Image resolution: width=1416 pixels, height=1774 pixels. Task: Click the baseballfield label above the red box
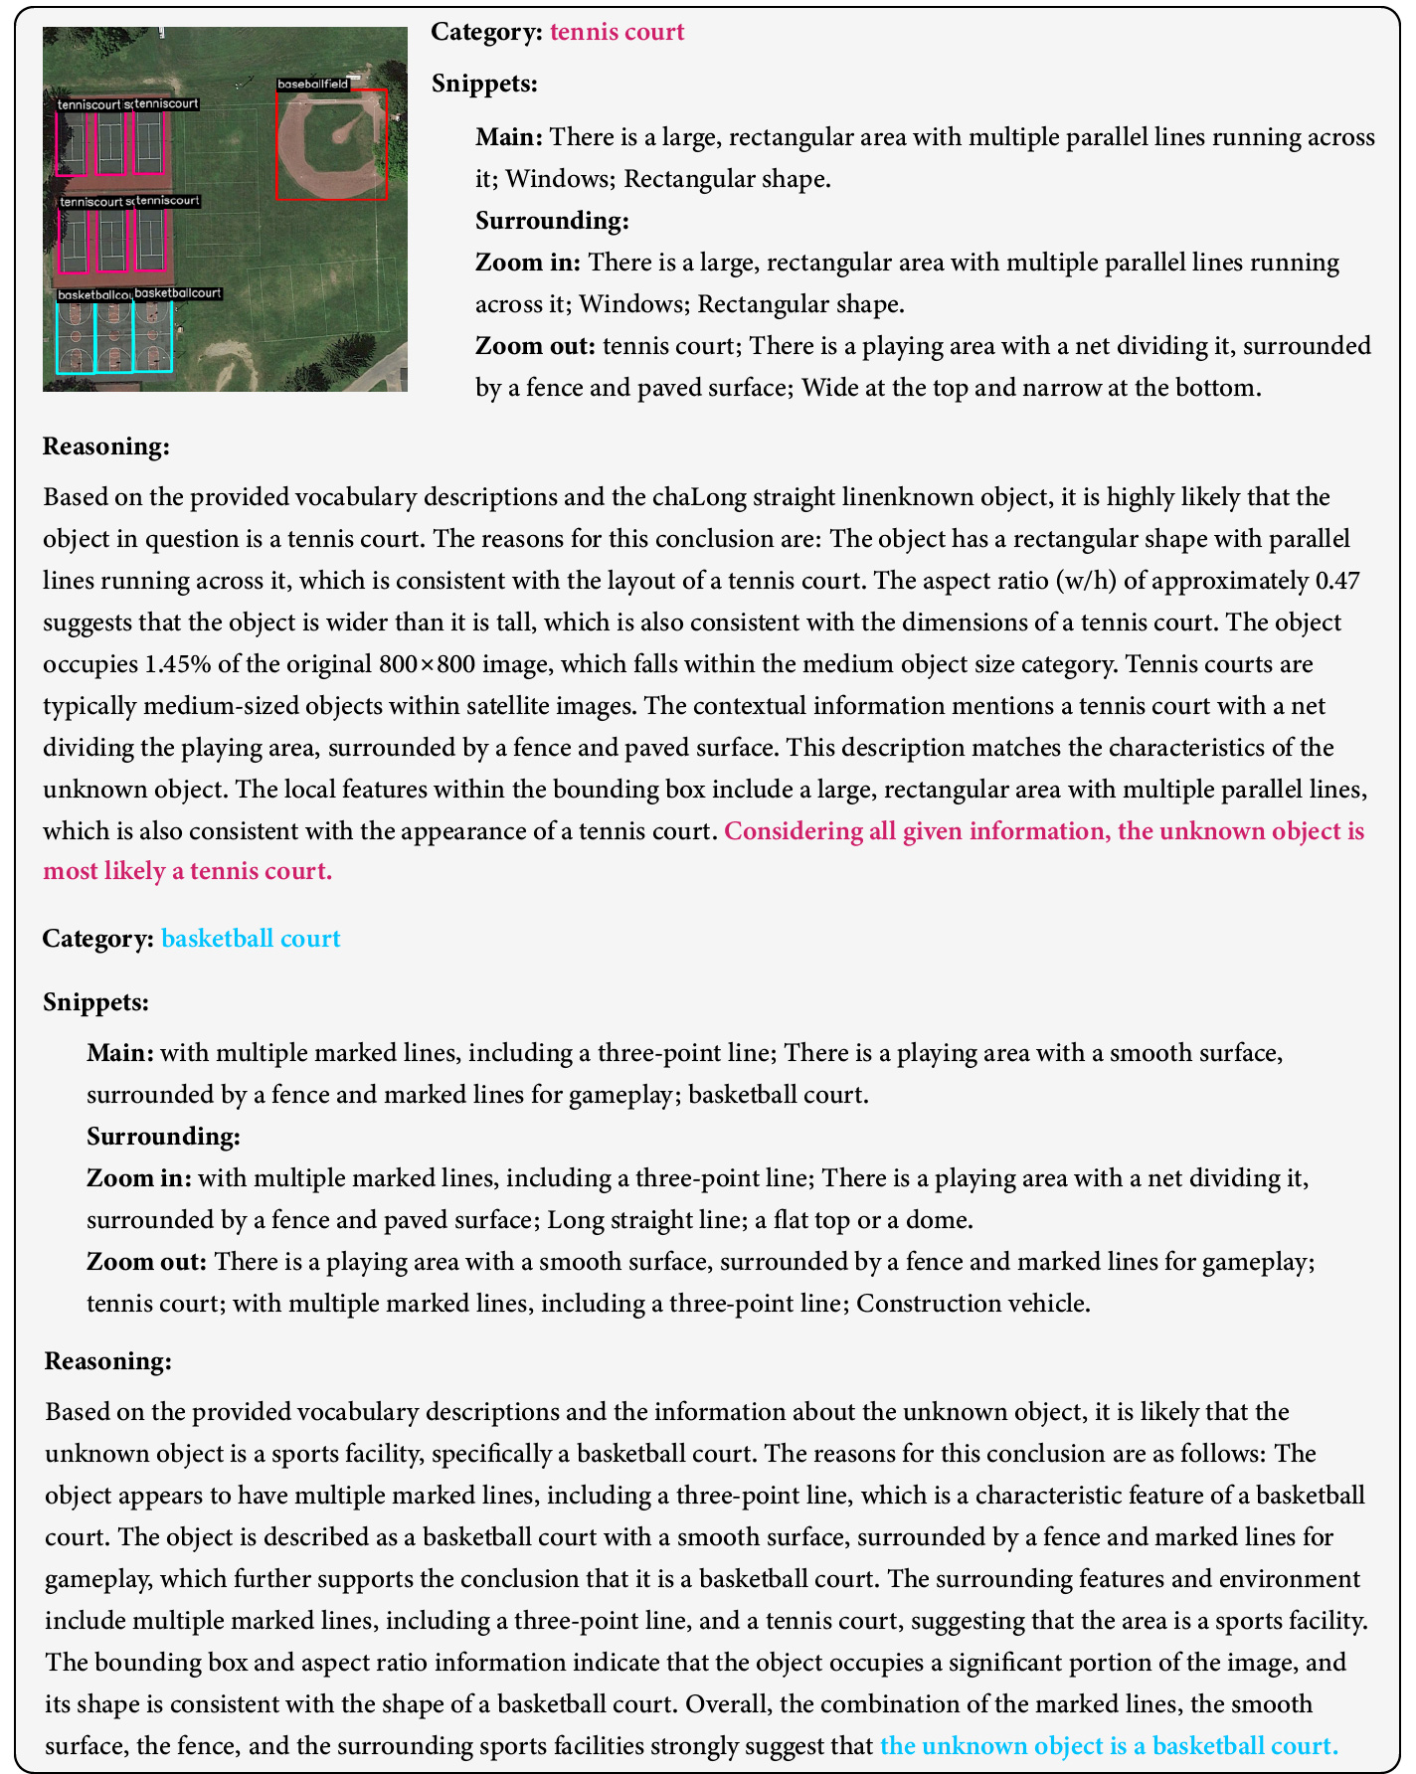[313, 85]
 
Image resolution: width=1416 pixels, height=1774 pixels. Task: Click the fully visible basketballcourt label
[177, 293]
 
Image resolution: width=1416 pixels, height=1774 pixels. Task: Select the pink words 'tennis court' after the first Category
[617, 32]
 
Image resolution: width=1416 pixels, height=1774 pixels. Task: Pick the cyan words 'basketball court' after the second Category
[251, 939]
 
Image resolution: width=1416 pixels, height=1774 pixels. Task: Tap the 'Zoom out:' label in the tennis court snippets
[535, 346]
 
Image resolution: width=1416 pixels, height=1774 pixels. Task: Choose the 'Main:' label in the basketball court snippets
[120, 1052]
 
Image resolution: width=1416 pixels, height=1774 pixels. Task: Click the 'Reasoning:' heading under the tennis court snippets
[106, 446]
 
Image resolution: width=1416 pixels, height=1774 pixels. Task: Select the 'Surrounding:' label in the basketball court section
[163, 1136]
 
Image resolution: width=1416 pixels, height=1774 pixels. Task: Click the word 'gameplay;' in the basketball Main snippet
[631, 1094]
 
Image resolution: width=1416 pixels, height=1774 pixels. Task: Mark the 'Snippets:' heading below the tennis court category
[484, 84]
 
